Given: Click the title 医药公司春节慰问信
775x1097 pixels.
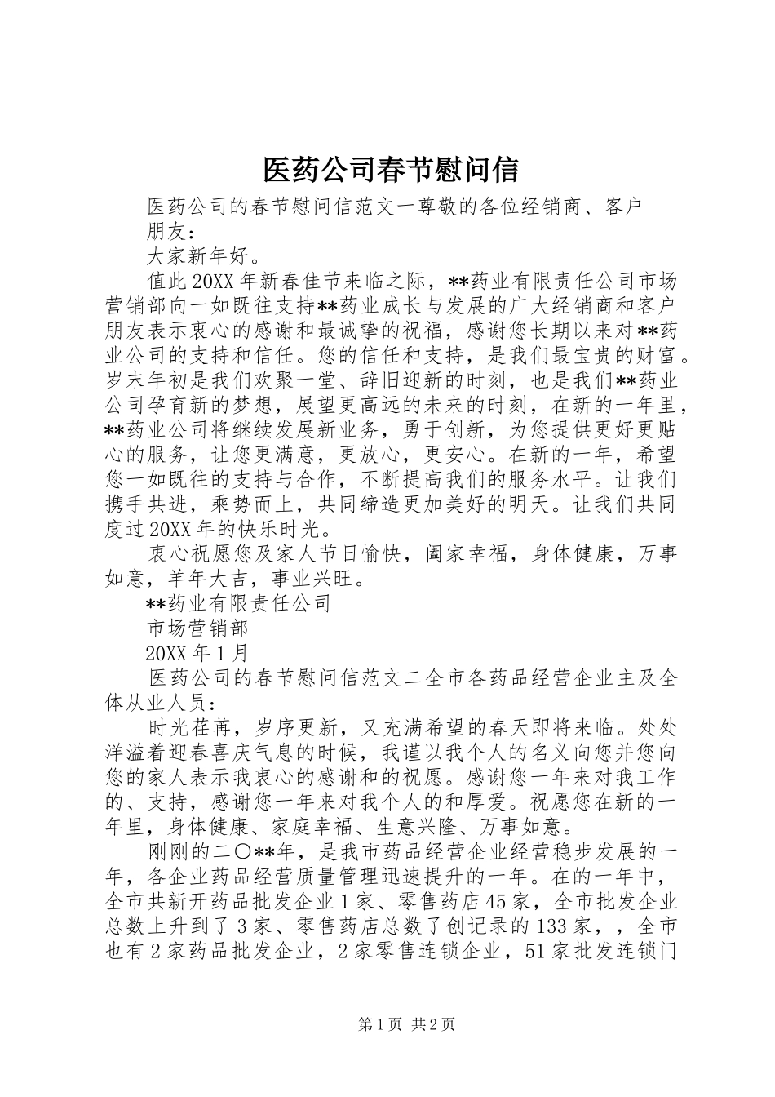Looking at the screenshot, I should tap(390, 170).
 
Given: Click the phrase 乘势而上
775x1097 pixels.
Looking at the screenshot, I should tap(232, 505).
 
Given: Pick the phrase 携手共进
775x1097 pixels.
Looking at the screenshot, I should tap(147, 505).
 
